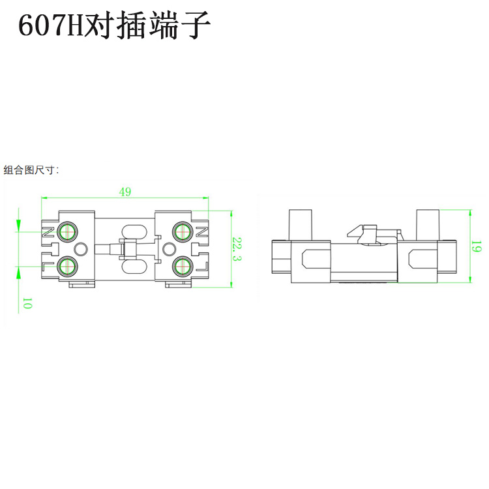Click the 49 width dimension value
pyautogui.click(x=125, y=191)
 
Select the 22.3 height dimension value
pyautogui.click(x=237, y=248)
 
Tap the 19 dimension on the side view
pyautogui.click(x=477, y=246)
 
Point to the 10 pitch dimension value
pyautogui.click(x=27, y=303)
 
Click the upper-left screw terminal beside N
pyautogui.click(x=67, y=231)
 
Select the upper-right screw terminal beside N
pyautogui.click(x=181, y=231)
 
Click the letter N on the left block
pyautogui.click(x=48, y=231)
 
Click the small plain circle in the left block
pyautogui.click(x=81, y=248)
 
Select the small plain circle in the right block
pyautogui.click(x=168, y=248)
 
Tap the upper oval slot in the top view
pyautogui.click(x=130, y=231)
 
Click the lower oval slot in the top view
pyautogui.click(x=130, y=266)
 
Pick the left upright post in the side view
pyautogui.click(x=300, y=224)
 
